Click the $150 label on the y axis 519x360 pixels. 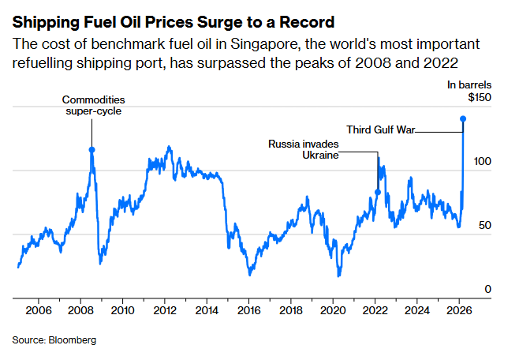(x=479, y=97)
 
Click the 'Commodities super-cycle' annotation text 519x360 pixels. (x=94, y=106)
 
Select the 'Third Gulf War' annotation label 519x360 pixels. (x=381, y=129)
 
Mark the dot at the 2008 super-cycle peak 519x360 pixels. (x=92, y=149)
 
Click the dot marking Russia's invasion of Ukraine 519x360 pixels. (x=377, y=192)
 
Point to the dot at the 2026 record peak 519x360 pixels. (x=463, y=119)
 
